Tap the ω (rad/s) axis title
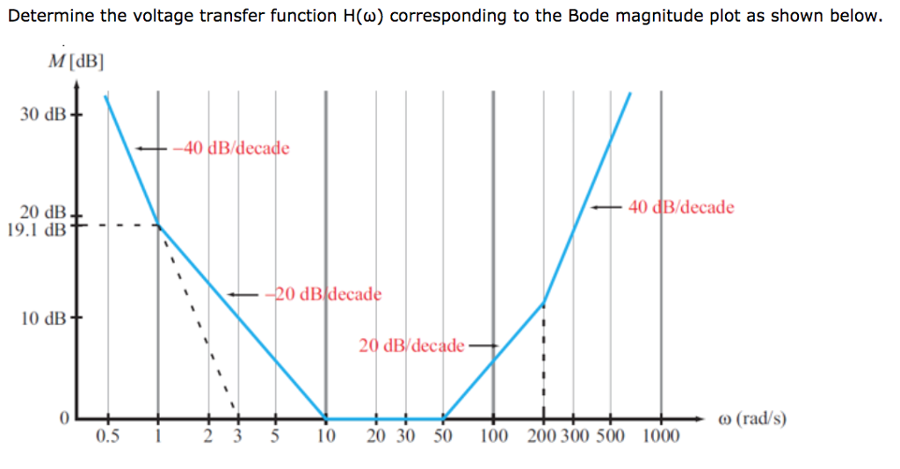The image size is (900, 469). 752,418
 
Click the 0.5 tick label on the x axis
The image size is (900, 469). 107,437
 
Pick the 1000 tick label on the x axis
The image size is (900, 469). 661,437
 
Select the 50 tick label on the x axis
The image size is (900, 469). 442,437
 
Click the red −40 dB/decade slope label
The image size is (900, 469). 230,148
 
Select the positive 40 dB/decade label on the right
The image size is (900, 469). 681,208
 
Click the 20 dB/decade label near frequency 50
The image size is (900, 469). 411,345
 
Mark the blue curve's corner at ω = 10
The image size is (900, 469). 326,418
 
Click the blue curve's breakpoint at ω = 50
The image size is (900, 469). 444,418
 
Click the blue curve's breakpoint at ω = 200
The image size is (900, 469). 544,304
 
